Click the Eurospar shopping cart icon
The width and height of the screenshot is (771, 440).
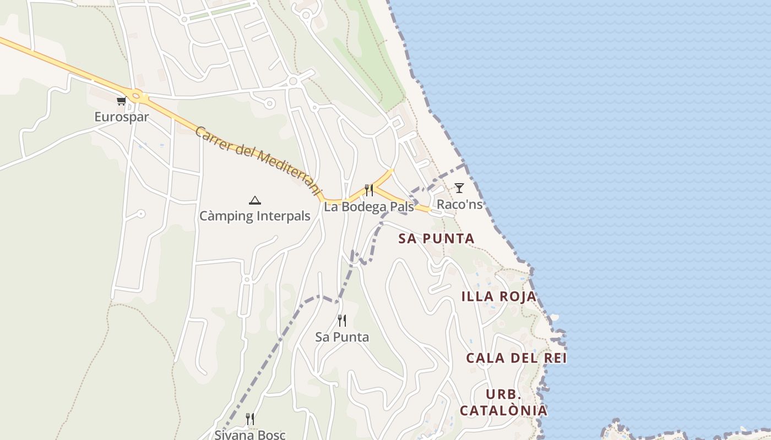[x=121, y=101]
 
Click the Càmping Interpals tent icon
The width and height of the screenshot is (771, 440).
[x=254, y=200]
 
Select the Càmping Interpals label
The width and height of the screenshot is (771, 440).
[x=254, y=216]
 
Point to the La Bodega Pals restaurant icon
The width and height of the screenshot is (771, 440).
[x=369, y=190]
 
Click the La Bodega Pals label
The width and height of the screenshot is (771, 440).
[x=368, y=207]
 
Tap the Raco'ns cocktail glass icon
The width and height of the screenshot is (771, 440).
[x=459, y=188]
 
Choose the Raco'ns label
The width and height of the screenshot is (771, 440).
[x=459, y=205]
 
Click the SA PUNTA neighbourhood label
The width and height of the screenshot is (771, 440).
[x=436, y=239]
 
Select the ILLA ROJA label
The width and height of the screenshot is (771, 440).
[x=498, y=296]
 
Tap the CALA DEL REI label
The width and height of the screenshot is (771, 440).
[x=516, y=358]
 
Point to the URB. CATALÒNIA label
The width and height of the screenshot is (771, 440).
[x=503, y=403]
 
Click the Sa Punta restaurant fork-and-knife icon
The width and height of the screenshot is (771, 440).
[x=342, y=321]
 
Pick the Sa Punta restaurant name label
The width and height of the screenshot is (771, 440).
[x=342, y=337]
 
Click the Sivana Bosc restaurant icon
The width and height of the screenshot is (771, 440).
[x=250, y=419]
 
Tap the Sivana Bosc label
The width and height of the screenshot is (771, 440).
[x=250, y=435]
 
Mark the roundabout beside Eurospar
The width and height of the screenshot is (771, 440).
[x=135, y=95]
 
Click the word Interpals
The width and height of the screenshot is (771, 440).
[x=283, y=216]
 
